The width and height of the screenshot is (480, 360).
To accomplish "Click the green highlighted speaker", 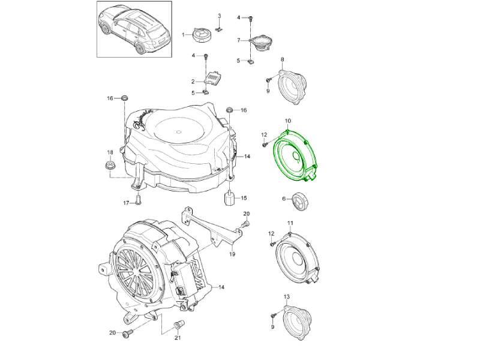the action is click(x=295, y=155).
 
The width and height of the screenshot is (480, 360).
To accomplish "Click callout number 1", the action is click(x=184, y=35).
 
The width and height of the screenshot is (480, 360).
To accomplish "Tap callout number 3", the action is click(x=219, y=16).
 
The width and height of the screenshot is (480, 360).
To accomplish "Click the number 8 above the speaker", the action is click(x=282, y=59).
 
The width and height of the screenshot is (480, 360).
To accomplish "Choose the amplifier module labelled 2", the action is click(x=214, y=79).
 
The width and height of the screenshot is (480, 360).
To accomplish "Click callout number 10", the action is click(x=288, y=121).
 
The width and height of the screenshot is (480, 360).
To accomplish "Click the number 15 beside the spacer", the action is click(x=244, y=198).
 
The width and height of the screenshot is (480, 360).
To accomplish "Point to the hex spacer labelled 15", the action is click(x=229, y=198).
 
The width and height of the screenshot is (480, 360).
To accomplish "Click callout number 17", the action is click(x=126, y=203).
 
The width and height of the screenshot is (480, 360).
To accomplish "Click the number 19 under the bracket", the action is click(x=232, y=254).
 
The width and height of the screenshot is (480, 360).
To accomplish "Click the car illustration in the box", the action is click(x=134, y=29).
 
